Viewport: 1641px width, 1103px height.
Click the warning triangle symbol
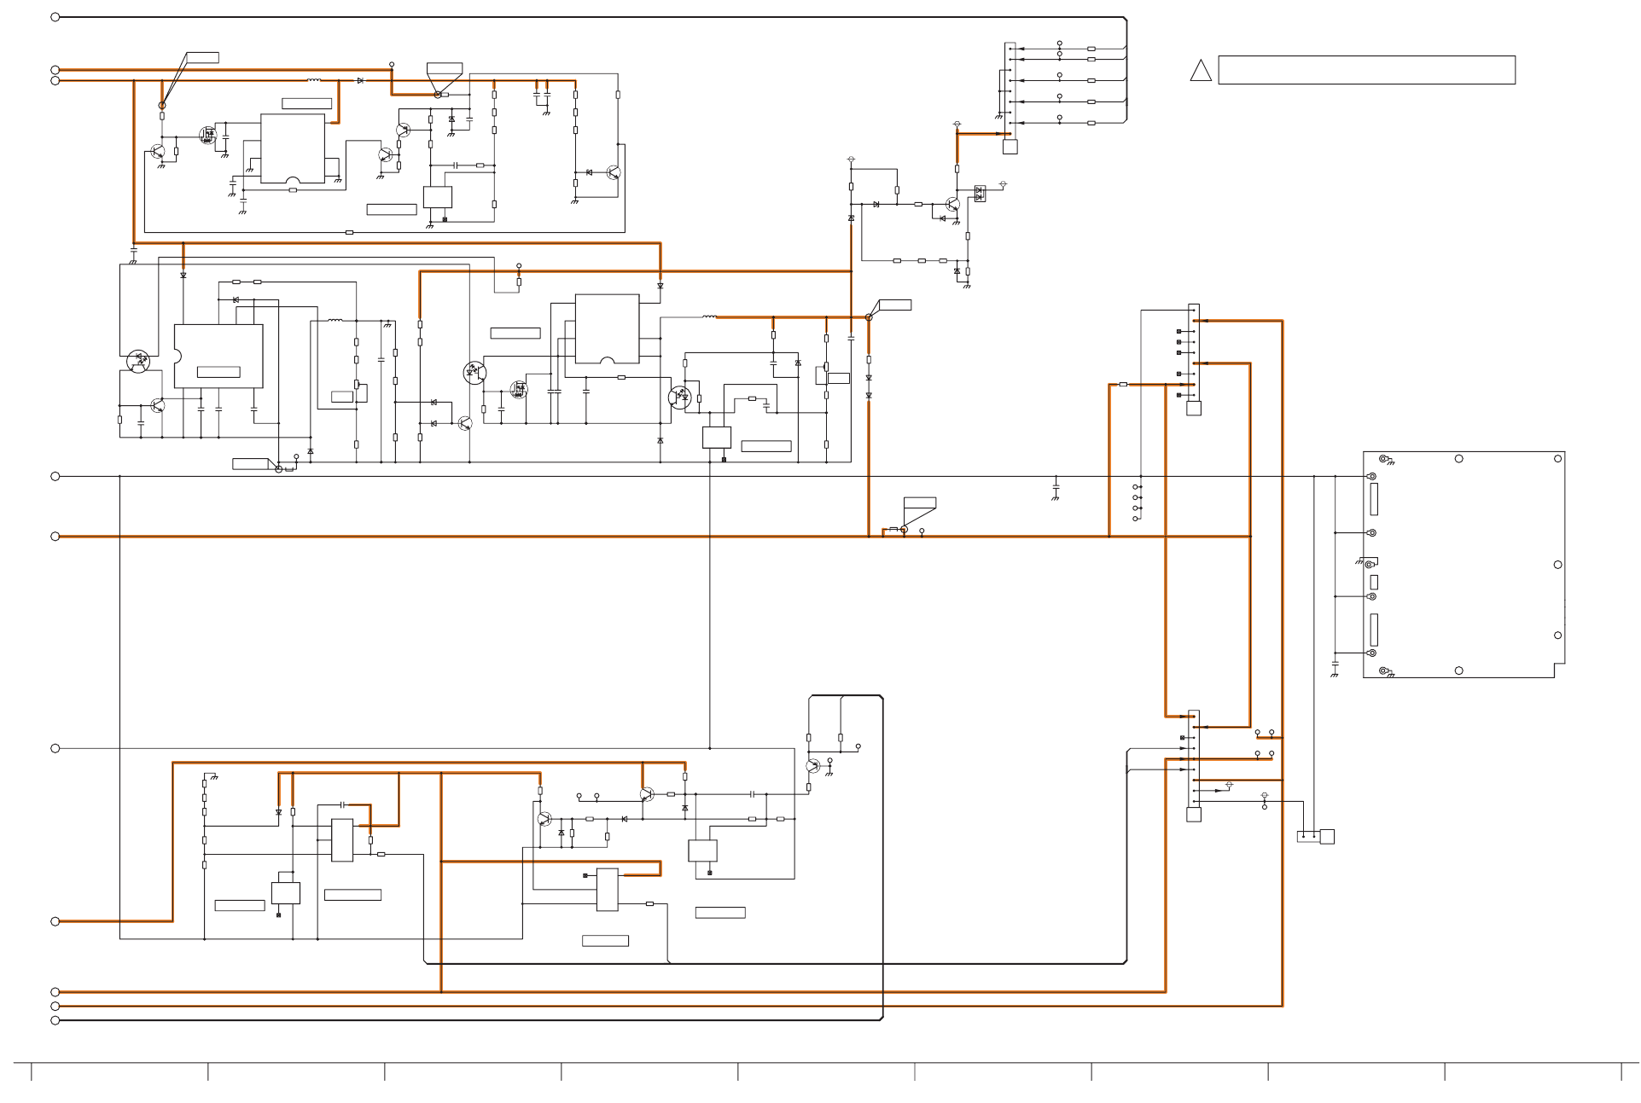pos(1201,71)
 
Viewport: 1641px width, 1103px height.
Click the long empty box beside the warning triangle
pos(1366,70)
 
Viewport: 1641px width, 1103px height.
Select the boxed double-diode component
pos(980,194)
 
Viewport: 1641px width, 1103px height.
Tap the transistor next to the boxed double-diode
pos(952,205)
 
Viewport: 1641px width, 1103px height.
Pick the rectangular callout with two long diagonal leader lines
pos(201,58)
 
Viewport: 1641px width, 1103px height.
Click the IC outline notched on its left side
pos(218,356)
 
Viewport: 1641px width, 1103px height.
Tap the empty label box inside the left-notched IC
pos(218,372)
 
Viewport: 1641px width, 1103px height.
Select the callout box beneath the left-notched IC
pos(253,464)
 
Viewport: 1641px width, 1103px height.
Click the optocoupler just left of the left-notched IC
pos(138,360)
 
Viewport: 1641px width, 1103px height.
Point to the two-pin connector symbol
pos(1315,837)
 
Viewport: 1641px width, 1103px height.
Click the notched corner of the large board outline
pos(1559,671)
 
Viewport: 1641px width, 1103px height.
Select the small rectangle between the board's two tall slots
pos(1374,582)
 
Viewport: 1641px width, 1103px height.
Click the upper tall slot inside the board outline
pos(1374,499)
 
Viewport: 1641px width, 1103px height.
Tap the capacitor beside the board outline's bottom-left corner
pos(1335,664)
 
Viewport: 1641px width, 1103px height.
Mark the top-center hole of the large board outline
pos(1458,459)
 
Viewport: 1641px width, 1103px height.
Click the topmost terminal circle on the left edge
pos(55,17)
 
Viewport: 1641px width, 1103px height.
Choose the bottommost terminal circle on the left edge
pos(55,1020)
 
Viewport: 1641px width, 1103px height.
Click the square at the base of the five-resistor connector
pos(1010,147)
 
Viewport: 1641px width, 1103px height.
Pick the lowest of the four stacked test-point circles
pos(1135,519)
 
